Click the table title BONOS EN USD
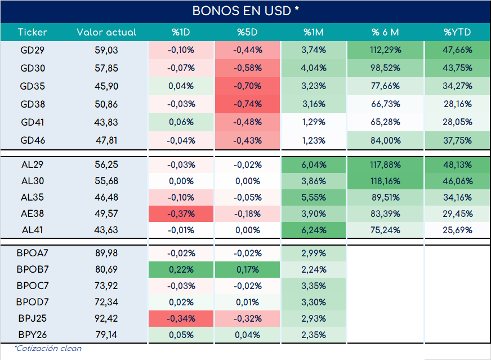[245, 11]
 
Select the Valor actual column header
[106, 32]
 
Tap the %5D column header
[247, 32]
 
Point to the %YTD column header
[457, 32]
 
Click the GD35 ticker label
[32, 86]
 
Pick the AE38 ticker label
[32, 214]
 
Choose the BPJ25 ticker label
[32, 318]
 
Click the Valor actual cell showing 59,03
[106, 50]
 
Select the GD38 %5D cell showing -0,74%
[247, 104]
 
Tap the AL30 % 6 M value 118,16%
[386, 181]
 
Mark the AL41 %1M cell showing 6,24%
[314, 230]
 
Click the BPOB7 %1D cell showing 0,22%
[181, 269]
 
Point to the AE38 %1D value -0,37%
[181, 214]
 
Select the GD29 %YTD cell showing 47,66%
[457, 50]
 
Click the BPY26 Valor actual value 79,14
[106, 335]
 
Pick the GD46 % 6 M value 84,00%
[386, 140]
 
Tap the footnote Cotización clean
[48, 348]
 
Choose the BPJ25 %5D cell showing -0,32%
[247, 319]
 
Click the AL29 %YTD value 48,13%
[457, 165]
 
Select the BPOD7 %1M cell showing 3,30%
[314, 303]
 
